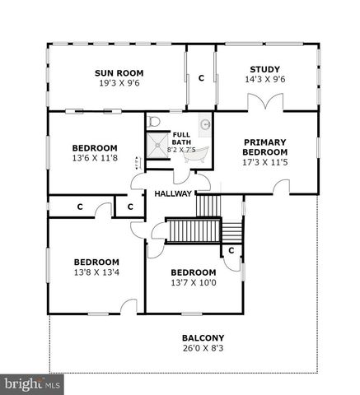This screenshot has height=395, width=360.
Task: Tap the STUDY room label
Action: tap(265, 69)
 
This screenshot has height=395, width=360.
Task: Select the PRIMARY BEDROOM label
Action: tap(265, 147)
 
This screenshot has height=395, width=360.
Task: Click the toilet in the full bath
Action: tap(153, 123)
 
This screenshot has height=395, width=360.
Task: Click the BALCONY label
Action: tap(203, 338)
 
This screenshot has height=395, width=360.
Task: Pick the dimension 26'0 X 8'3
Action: tap(203, 349)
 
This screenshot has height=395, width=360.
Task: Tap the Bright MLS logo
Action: tap(32, 383)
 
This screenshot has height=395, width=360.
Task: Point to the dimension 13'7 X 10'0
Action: tap(193, 284)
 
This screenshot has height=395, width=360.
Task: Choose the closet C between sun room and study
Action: tap(201, 77)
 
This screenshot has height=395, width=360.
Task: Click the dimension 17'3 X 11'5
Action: tap(265, 163)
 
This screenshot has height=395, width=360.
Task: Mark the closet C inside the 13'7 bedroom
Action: tap(231, 249)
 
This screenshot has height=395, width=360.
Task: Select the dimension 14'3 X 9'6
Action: tap(265, 80)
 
